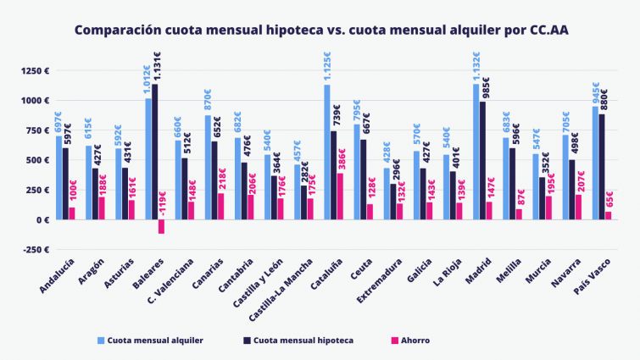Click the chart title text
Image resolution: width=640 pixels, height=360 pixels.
320,30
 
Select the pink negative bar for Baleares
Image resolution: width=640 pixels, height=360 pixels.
161,226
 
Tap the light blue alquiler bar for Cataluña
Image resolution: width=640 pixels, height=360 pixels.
326,152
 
